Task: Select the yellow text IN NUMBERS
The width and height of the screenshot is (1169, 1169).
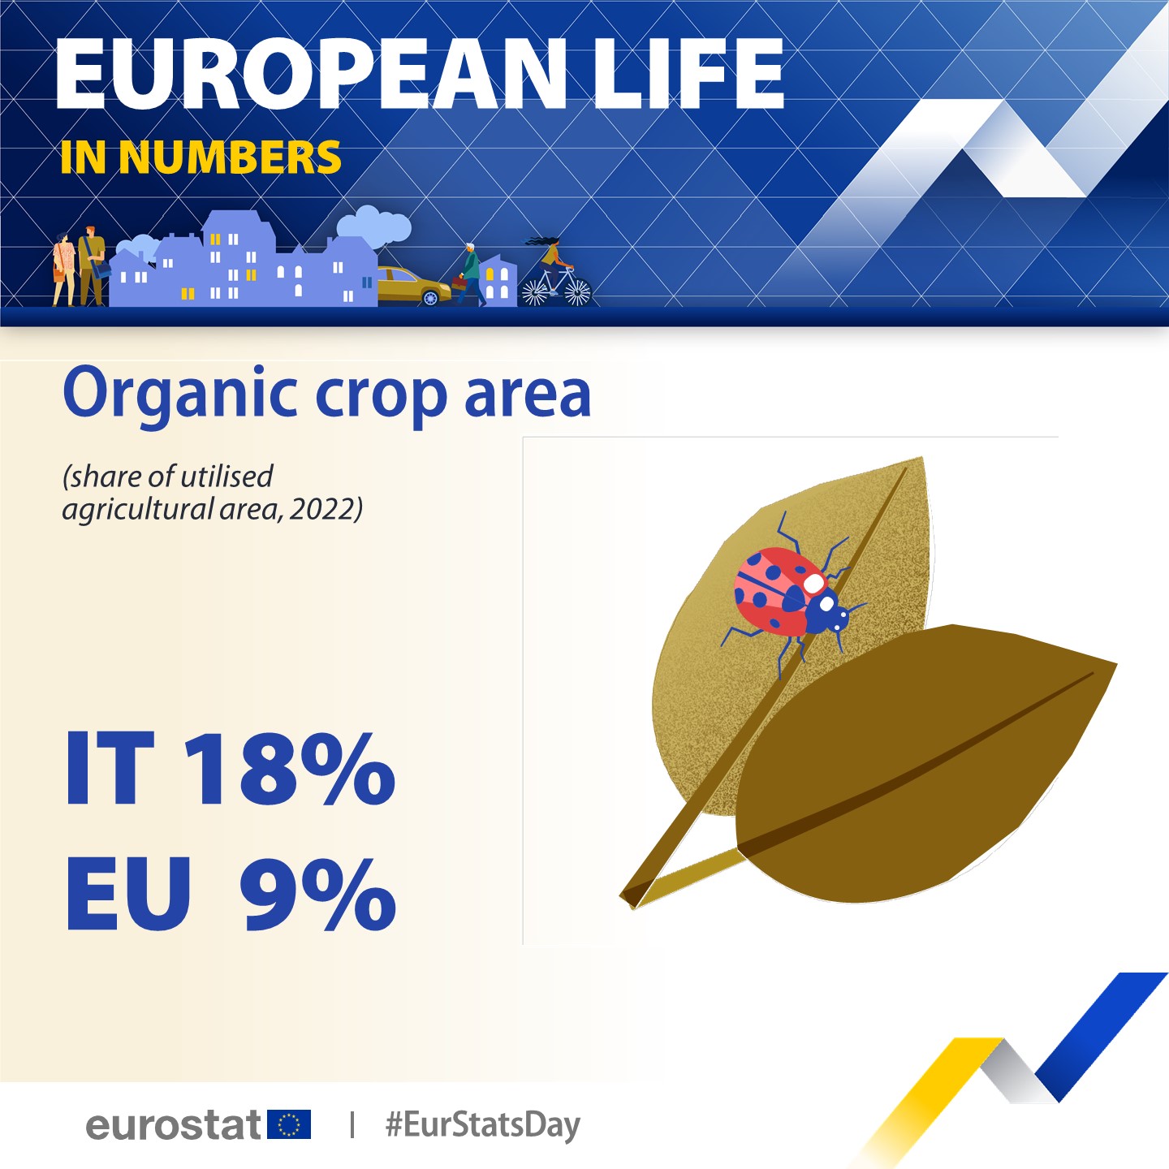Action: (x=201, y=157)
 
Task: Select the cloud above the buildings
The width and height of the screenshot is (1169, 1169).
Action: (x=373, y=226)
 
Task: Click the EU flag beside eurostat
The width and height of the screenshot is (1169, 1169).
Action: (x=289, y=1124)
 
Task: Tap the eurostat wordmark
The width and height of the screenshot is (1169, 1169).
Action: (x=174, y=1125)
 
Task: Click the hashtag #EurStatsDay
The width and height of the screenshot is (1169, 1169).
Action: (x=483, y=1125)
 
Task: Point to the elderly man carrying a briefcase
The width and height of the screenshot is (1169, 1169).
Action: (x=469, y=274)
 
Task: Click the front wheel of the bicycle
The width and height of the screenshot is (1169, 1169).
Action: (x=577, y=291)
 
